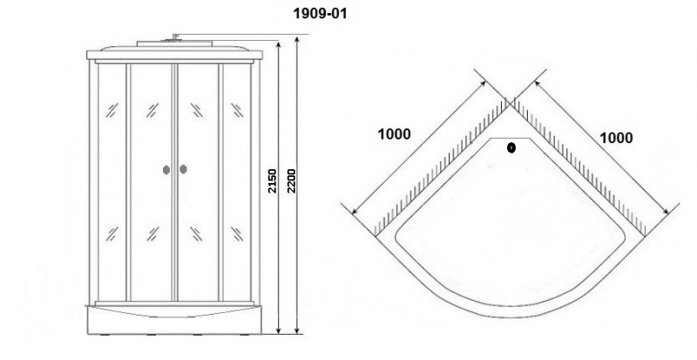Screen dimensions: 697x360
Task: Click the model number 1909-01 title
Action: coord(320,13)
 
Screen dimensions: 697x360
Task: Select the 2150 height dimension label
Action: coord(272,180)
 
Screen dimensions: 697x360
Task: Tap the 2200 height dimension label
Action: coord(291,180)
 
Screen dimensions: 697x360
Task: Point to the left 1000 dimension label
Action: coord(395,134)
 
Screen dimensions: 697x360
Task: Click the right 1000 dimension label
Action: coord(616,139)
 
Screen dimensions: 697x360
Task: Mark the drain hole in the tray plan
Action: coord(511,147)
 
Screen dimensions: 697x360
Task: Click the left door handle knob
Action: coord(166,170)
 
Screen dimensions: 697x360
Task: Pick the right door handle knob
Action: coord(183,169)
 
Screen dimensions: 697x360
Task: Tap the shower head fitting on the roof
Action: coord(175,37)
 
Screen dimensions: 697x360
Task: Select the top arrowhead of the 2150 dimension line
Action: coord(279,46)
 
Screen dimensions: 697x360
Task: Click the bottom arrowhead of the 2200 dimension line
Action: coord(297,329)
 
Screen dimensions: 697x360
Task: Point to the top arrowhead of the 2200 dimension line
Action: coord(297,38)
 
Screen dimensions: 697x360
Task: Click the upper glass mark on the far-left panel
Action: coord(112,110)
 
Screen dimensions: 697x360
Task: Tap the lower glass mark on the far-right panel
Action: coord(237,234)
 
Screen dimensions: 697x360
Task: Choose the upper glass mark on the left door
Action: coord(152,110)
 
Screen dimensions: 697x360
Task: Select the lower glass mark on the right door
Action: coord(196,234)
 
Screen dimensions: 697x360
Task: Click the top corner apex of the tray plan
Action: coord(510,103)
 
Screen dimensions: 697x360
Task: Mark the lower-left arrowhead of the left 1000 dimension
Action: coord(355,210)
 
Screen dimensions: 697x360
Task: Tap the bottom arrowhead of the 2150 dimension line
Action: coord(279,329)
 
